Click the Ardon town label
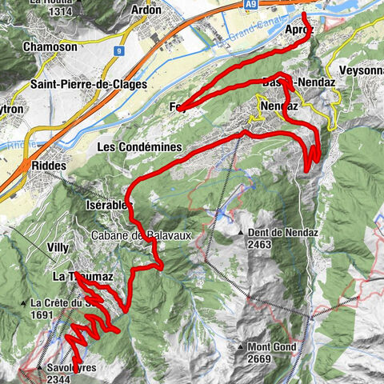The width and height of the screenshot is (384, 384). (145, 10)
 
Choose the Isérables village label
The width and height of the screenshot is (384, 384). (106, 205)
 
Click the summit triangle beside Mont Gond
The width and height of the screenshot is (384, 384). (241, 347)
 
